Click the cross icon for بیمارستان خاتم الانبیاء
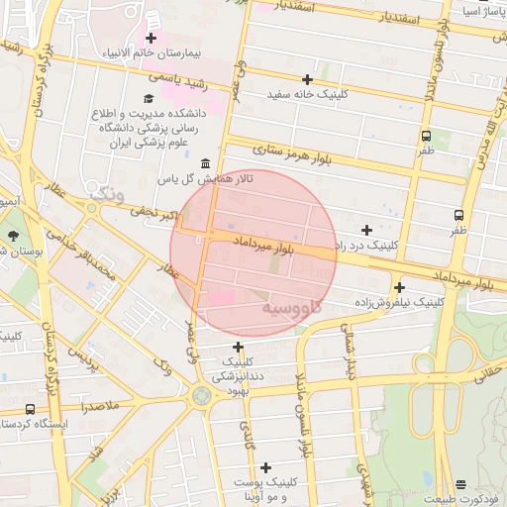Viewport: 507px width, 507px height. pos(151,38)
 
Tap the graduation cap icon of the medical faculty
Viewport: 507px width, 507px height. pos(149,98)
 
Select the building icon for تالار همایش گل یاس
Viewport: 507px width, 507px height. pos(205,163)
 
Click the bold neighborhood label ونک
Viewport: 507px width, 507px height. pos(106,195)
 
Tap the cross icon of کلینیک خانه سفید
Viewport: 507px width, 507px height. pos(307,79)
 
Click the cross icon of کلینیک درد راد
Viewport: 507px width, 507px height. pos(367,229)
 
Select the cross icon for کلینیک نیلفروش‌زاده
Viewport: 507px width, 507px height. pos(399,287)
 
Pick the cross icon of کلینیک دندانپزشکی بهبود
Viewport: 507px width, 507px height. pos(238,347)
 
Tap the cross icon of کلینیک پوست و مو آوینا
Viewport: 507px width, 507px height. pos(265,467)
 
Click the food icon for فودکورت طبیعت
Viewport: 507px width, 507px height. pos(459,484)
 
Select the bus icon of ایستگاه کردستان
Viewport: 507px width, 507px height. pos(30,408)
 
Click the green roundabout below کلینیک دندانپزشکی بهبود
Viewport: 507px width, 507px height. pos(202,398)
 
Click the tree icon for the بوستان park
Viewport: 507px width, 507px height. pos(13,236)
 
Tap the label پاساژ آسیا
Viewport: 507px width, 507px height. pos(482,12)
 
